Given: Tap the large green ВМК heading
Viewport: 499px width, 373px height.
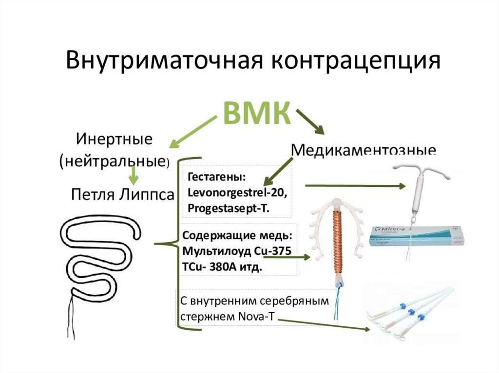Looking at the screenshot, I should [257, 113].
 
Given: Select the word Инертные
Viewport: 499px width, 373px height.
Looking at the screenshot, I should [114, 139].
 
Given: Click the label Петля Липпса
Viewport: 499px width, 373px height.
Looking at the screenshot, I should [122, 195].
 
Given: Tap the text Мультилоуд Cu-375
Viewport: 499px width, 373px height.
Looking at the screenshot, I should [236, 251].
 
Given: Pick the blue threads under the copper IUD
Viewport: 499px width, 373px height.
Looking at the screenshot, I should [336, 304].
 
